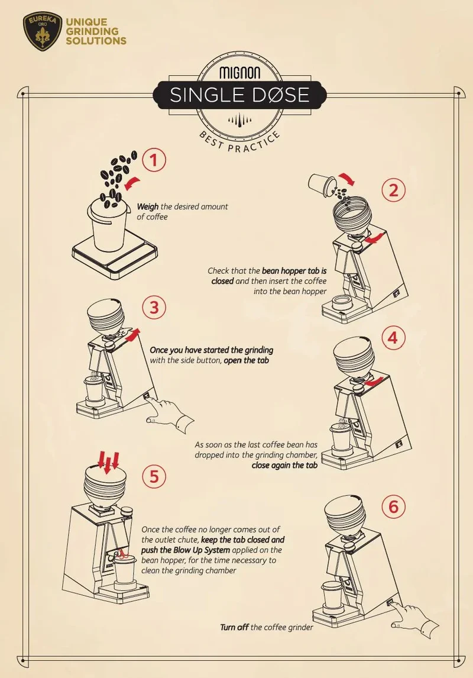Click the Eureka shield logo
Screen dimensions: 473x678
click(43, 31)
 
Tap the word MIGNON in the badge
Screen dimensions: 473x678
click(239, 72)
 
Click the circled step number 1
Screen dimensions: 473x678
click(154, 160)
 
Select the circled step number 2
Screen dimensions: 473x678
click(394, 191)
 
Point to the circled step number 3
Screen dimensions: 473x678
click(154, 308)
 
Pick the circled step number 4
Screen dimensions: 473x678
click(393, 338)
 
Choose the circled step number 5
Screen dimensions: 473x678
click(154, 476)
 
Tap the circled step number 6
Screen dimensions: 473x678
click(394, 506)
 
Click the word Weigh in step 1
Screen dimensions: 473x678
click(148, 207)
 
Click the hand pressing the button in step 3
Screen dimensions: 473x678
click(171, 413)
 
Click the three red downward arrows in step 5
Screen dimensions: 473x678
click(108, 461)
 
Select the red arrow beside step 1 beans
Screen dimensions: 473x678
click(132, 182)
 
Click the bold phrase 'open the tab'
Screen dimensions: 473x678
click(246, 361)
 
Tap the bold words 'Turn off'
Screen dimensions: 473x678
click(234, 627)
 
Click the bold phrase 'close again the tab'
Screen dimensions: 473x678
click(284, 465)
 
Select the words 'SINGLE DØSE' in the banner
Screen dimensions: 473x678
click(239, 95)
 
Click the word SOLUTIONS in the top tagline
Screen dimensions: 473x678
click(96, 41)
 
